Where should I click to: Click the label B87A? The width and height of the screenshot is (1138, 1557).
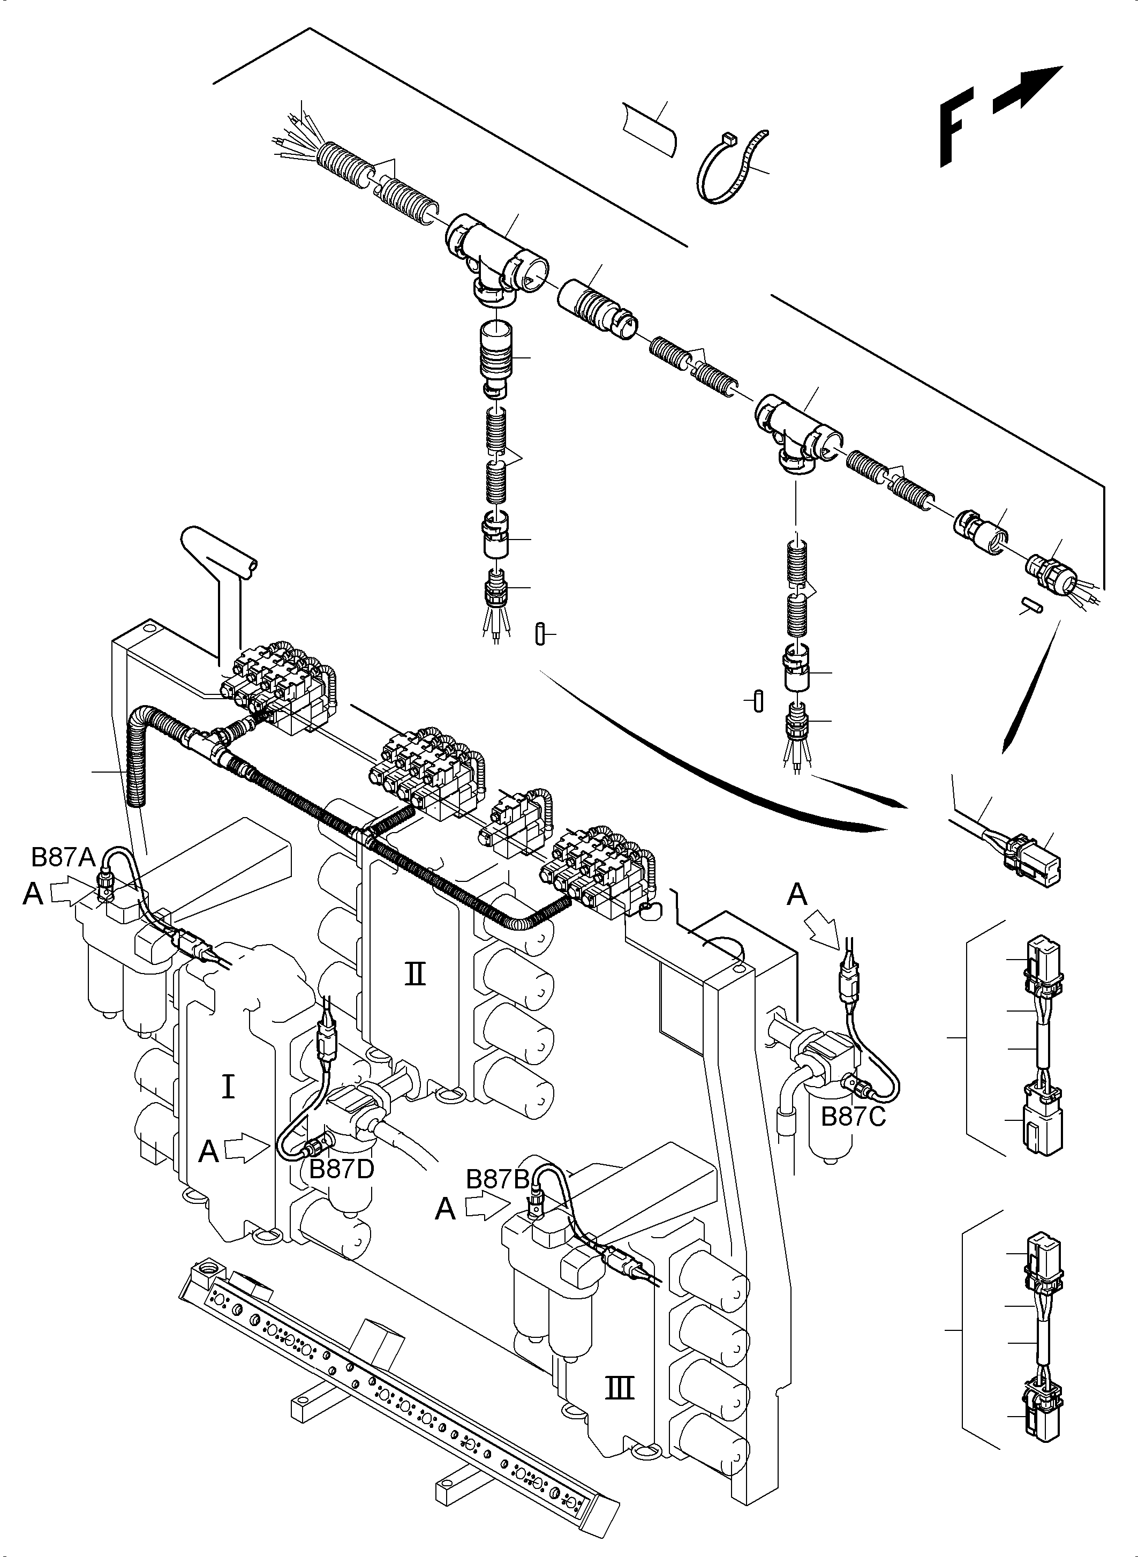[x=63, y=857]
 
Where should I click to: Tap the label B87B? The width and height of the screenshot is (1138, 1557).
[x=498, y=1179]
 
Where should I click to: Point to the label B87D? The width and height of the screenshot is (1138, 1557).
[x=341, y=1169]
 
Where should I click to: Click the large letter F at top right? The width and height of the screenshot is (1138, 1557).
[x=955, y=128]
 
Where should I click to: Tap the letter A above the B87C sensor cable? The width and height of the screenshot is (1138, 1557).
[x=797, y=895]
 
